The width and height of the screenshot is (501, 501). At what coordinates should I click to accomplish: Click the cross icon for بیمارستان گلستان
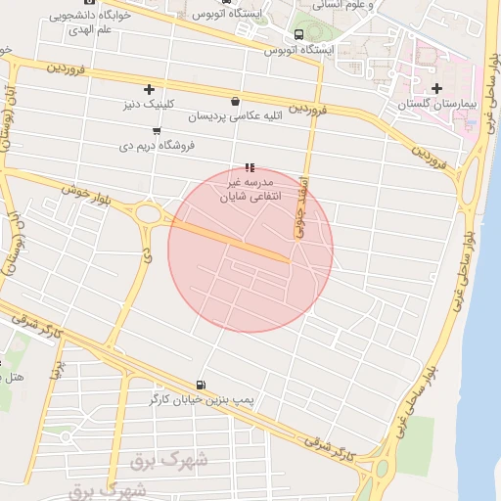pyautogui.click(x=436, y=89)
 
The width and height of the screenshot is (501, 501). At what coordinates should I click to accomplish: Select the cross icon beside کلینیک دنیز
pyautogui.click(x=149, y=89)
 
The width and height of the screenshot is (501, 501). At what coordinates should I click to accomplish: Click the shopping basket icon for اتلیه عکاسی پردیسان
pyautogui.click(x=235, y=101)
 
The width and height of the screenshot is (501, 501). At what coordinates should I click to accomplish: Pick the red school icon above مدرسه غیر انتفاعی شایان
pyautogui.click(x=250, y=167)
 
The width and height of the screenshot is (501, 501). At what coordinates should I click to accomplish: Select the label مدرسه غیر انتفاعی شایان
pyautogui.click(x=252, y=189)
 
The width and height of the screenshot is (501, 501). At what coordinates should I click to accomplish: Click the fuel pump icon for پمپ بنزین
pyautogui.click(x=201, y=385)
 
